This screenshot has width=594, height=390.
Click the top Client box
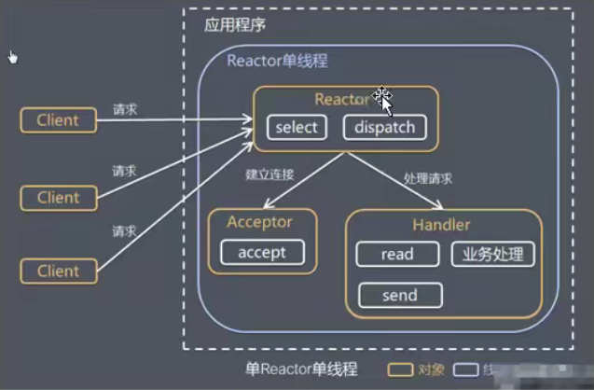[58, 119]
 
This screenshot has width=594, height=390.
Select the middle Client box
[58, 197]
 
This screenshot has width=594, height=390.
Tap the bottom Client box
[58, 272]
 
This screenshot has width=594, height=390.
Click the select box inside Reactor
[297, 127]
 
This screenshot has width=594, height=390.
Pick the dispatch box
[384, 127]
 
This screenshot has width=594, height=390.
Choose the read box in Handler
[397, 254]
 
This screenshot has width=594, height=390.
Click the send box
[398, 295]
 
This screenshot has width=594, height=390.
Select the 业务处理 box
[491, 254]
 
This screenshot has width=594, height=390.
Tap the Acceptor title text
[260, 223]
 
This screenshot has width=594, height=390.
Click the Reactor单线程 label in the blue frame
[277, 61]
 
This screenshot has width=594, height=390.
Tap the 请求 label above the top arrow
[125, 108]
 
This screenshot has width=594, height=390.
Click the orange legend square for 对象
[401, 370]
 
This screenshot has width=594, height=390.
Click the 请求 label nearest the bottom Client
[125, 230]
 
